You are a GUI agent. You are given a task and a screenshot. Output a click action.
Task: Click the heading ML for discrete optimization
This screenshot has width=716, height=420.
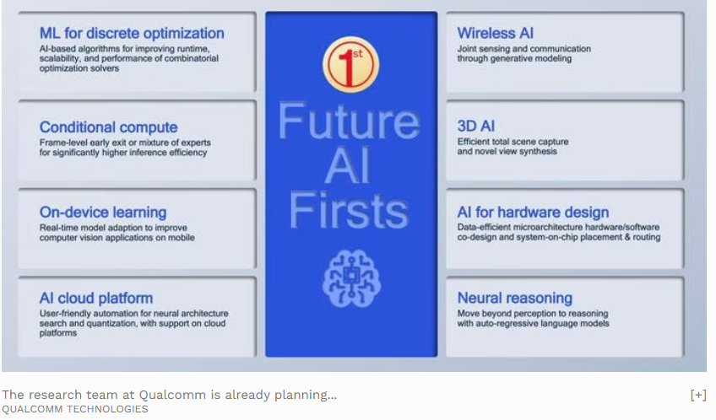132,33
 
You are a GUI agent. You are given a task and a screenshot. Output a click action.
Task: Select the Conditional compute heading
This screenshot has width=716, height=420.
108,127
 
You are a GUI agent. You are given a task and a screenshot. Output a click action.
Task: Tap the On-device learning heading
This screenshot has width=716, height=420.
103,212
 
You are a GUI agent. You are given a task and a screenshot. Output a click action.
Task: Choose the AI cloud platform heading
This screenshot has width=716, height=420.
96,299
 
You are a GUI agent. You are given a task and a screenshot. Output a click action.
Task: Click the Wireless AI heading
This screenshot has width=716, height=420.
496,33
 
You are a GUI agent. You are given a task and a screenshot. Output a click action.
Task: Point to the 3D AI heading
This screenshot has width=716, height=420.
476,126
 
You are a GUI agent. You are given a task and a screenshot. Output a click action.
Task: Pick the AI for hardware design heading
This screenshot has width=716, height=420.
533,212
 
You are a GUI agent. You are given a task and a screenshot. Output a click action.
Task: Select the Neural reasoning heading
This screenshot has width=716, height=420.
515,299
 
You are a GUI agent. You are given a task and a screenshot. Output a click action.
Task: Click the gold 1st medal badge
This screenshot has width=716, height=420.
350,64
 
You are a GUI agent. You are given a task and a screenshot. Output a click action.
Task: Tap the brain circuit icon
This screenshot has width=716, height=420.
351,278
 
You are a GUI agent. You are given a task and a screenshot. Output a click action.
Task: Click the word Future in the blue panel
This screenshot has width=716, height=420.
349,121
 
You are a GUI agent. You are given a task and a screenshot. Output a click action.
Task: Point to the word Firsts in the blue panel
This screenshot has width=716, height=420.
349,210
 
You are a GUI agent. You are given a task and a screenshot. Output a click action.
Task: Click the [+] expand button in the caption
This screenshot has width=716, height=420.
698,395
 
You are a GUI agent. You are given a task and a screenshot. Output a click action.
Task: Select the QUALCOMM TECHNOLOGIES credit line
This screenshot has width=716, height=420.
75,409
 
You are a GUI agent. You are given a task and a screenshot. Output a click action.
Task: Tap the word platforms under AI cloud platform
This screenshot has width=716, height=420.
58,333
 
